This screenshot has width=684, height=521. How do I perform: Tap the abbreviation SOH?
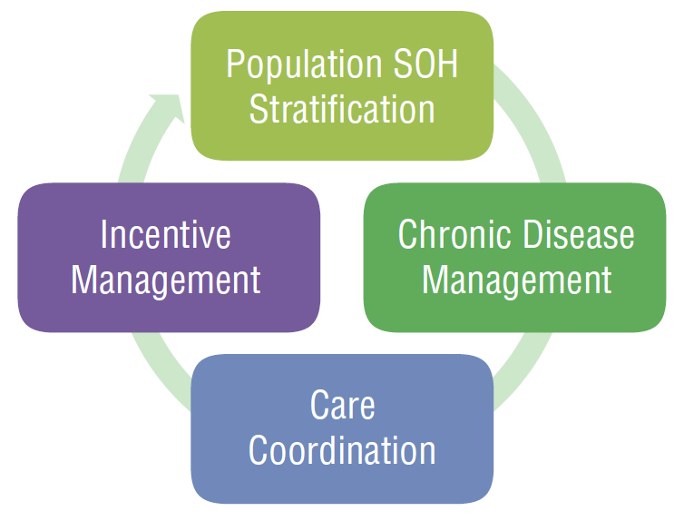point(426,64)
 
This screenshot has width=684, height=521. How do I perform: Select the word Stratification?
point(342,109)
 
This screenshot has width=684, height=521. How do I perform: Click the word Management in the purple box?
point(166,280)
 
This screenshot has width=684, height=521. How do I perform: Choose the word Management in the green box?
point(517,280)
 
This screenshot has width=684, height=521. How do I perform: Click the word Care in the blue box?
point(342,405)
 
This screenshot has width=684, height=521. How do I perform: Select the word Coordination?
point(342,450)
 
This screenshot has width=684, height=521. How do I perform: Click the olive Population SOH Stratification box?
point(342,86)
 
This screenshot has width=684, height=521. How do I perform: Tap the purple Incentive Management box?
point(169,258)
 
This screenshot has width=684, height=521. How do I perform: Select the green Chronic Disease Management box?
point(514,258)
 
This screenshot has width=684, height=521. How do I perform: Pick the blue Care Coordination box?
point(342,429)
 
